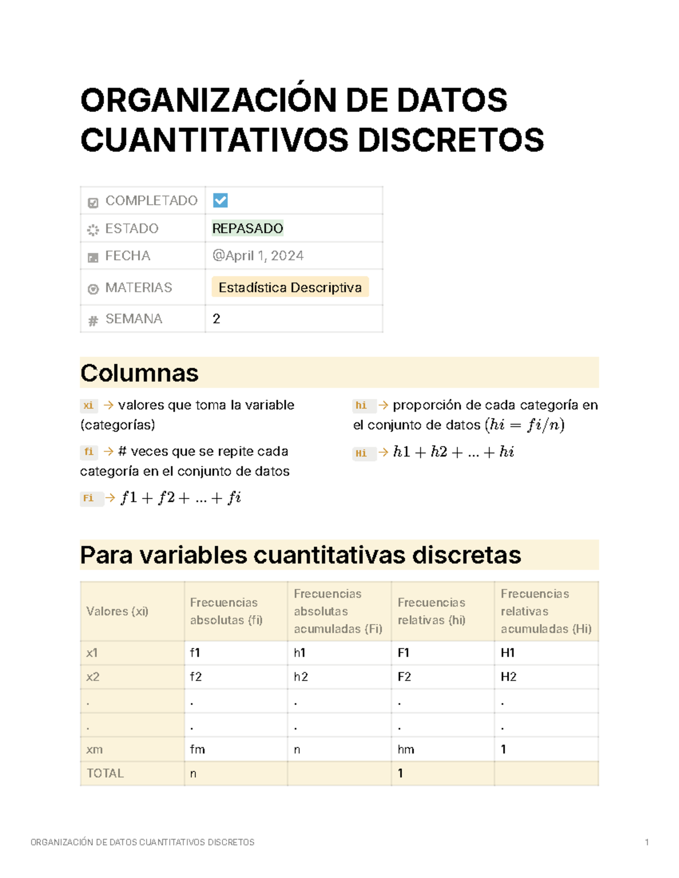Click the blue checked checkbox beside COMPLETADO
[x=220, y=200]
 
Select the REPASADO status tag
[x=247, y=228]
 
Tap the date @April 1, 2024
[x=258, y=256]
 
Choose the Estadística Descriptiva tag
[x=290, y=287]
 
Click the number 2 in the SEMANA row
[x=216, y=319]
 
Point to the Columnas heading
[x=140, y=373]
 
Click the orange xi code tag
[x=88, y=405]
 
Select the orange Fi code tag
[x=88, y=498]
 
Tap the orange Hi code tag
[x=361, y=453]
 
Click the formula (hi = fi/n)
[x=525, y=425]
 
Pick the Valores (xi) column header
[x=117, y=611]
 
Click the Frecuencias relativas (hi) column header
[x=431, y=611]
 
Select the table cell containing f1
[x=195, y=653]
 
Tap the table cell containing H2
[x=508, y=677]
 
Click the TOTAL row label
[x=105, y=773]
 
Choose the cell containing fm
[x=197, y=750]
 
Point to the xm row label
[x=94, y=750]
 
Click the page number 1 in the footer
[x=647, y=842]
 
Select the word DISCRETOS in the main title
[x=451, y=140]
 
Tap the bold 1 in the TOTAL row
[x=401, y=773]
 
